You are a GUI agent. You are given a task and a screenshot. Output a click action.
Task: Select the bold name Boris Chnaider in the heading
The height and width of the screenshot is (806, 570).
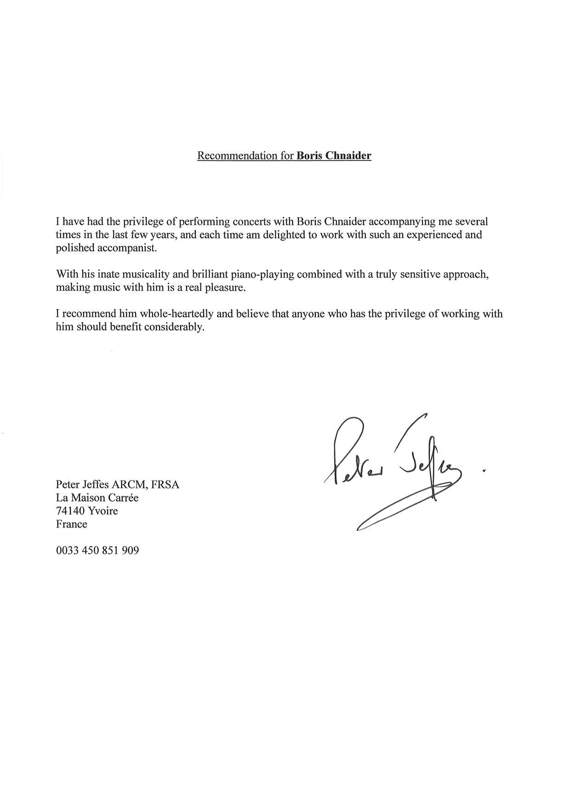point(334,155)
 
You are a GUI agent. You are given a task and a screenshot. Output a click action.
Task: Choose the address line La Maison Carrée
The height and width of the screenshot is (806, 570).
point(97,497)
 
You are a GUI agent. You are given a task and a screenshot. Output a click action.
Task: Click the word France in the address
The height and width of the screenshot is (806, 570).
point(71,524)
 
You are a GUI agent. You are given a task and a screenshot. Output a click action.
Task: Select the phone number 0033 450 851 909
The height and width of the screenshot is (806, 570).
point(97,550)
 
